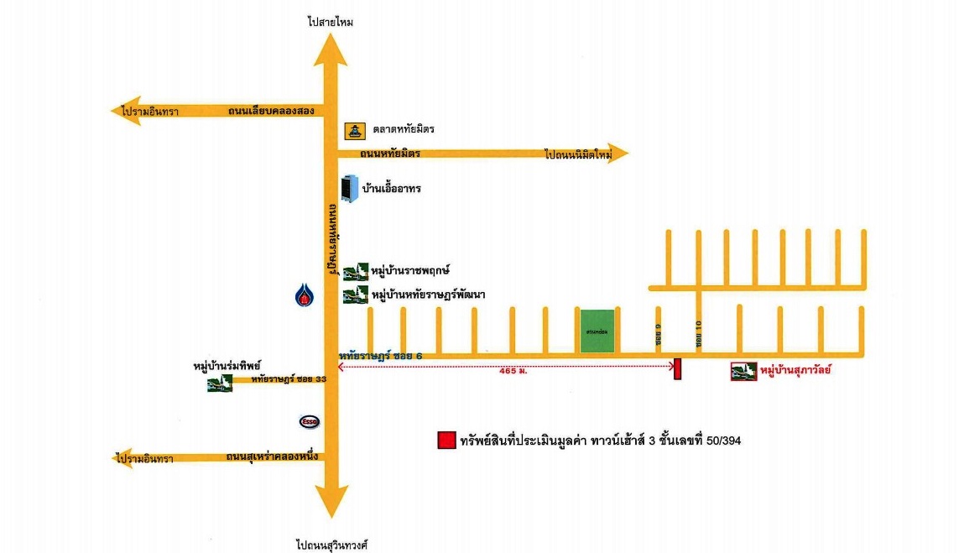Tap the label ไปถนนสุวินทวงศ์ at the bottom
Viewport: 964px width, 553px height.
[x=332, y=545]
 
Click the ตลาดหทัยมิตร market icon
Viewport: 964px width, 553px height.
[x=355, y=130]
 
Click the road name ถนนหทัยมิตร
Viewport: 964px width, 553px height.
[x=390, y=154]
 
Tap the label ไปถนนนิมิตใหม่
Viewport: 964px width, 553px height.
[x=579, y=154]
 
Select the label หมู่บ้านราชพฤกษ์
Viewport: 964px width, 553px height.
[x=411, y=270]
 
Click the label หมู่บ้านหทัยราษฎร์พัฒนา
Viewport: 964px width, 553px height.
[x=429, y=295]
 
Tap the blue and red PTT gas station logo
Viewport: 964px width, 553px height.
[x=303, y=295]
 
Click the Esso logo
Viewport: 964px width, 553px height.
[x=309, y=421]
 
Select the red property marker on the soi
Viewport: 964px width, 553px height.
[x=677, y=369]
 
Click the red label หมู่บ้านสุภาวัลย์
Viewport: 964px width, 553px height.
[x=795, y=370]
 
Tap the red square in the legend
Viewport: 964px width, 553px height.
[x=446, y=441]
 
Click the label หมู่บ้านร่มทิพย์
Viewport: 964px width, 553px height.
[x=227, y=367]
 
